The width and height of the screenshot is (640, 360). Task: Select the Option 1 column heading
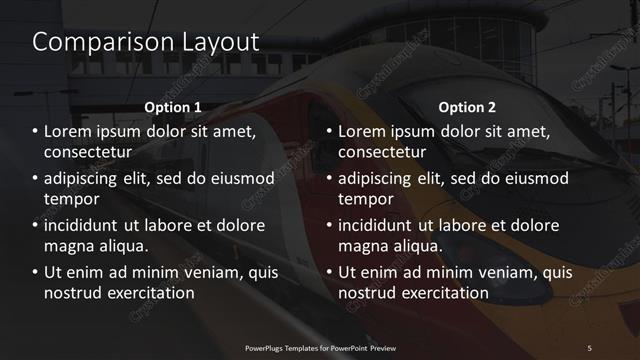pyautogui.click(x=173, y=107)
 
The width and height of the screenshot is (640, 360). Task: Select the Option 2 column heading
pyautogui.click(x=467, y=107)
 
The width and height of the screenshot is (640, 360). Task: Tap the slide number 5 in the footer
pyautogui.click(x=589, y=347)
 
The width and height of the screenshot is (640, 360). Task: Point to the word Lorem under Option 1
pyautogui.click(x=69, y=131)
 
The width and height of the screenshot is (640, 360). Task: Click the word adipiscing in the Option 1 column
pyautogui.click(x=87, y=178)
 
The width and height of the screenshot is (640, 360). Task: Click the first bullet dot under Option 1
pyautogui.click(x=36, y=132)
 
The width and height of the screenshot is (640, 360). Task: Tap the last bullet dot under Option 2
pyautogui.click(x=329, y=273)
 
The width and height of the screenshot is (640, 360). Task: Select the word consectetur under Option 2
pyautogui.click(x=382, y=152)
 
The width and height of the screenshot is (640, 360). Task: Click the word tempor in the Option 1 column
pyautogui.click(x=69, y=198)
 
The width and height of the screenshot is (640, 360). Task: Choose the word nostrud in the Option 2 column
pyautogui.click(x=368, y=293)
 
